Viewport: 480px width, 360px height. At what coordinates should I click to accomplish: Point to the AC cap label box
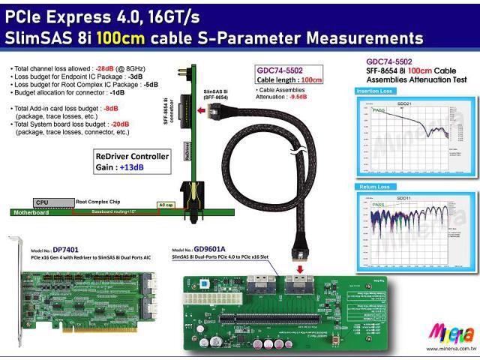166,204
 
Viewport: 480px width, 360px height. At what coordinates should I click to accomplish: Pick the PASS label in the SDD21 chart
379,110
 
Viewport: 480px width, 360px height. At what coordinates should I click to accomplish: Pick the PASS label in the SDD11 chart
379,205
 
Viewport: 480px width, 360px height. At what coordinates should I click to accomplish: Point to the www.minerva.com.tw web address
448,349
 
